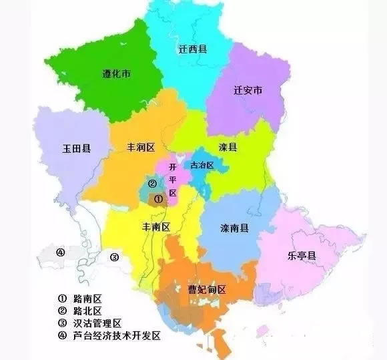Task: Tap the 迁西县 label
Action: coord(191,49)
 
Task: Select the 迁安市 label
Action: coord(248,89)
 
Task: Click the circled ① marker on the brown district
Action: coord(158,198)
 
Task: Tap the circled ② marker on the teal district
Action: coord(152,184)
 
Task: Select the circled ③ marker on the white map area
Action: coord(114,257)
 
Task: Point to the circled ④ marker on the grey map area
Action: coord(60,252)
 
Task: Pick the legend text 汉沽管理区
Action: coord(97,323)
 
